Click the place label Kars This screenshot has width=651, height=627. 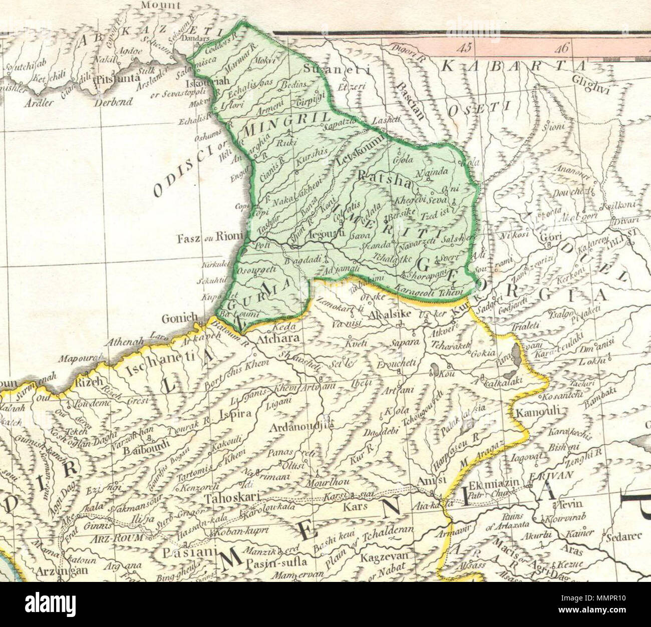point(355,506)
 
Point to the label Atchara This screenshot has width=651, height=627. point(277,339)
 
